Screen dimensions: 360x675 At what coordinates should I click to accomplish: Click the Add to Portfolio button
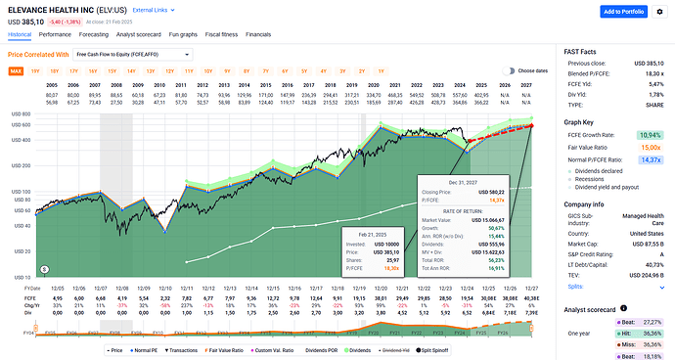(622, 12)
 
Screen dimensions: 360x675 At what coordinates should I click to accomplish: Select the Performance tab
(55, 33)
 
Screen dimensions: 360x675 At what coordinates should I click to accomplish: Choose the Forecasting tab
(95, 33)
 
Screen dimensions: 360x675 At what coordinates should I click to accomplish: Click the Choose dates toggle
(509, 71)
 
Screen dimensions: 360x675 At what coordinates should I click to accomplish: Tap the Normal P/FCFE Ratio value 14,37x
(650, 158)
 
